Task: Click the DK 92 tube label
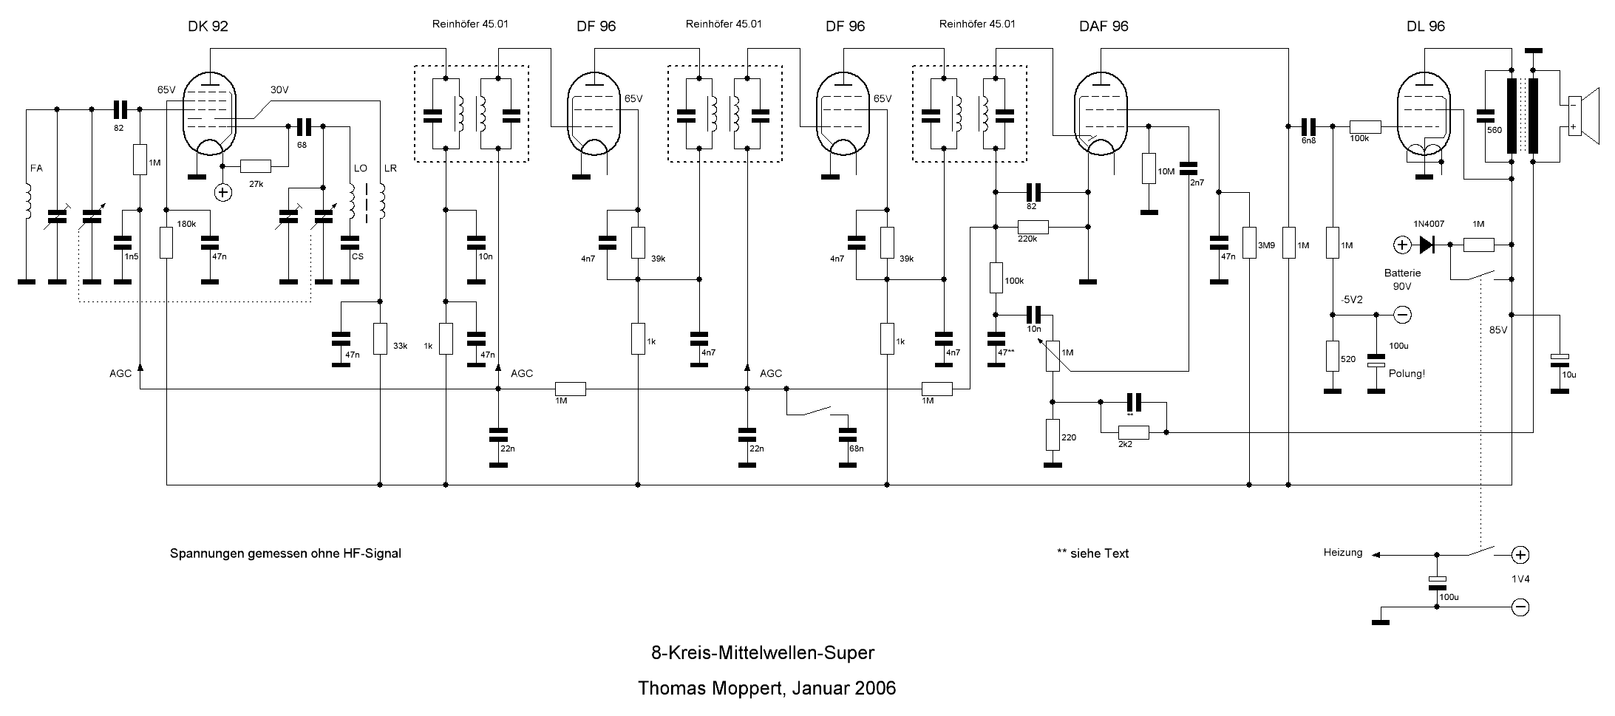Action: (208, 27)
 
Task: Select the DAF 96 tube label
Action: (1104, 27)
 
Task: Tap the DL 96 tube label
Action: (1426, 27)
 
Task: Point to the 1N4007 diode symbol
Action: (1426, 244)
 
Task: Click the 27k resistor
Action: (256, 166)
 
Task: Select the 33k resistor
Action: (380, 338)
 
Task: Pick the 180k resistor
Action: (166, 243)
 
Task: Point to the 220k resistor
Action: (1033, 226)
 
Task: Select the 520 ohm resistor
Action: (1332, 356)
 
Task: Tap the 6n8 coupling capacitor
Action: (1308, 126)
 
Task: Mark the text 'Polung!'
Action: (1407, 374)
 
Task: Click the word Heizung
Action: (1342, 553)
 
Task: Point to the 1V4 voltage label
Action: (1520, 579)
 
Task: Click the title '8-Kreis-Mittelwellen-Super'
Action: (762, 653)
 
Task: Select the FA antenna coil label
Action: (36, 168)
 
